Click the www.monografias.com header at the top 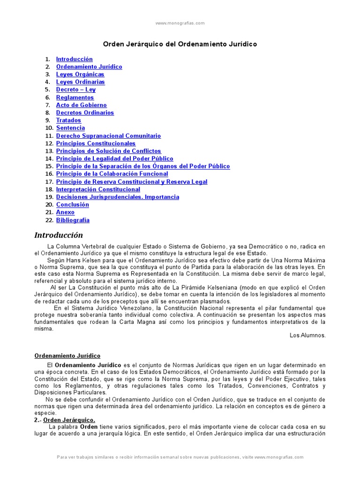(x=180, y=23)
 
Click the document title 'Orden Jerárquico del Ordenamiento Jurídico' (x=180, y=44)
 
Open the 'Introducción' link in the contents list (x=74, y=59)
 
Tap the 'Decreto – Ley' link (x=75, y=90)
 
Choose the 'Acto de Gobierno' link (x=81, y=105)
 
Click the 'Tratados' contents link (x=68, y=120)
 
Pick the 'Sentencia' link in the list (x=70, y=128)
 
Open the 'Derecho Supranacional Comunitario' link (x=108, y=136)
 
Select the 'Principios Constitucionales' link (x=96, y=143)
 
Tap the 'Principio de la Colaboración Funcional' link (x=112, y=174)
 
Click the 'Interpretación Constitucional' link (x=98, y=189)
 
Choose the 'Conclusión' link (x=72, y=205)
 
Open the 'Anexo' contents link (x=65, y=212)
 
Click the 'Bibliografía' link (x=73, y=220)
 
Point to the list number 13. (x=49, y=151)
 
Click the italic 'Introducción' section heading (x=59, y=235)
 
